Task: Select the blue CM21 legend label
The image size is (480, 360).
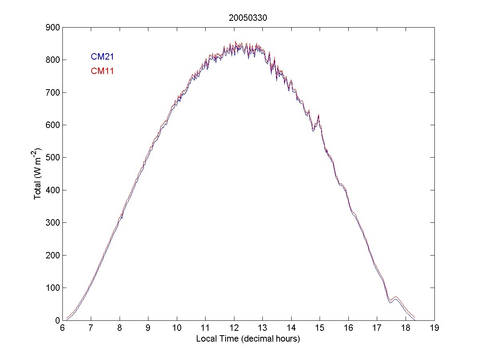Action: (x=102, y=57)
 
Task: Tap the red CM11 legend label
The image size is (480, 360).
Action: (x=102, y=72)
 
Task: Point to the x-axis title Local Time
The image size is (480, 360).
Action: (x=248, y=339)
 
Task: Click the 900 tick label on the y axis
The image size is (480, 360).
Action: (x=52, y=27)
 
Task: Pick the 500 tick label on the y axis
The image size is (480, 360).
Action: (x=52, y=158)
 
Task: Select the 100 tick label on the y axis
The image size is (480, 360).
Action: (x=52, y=288)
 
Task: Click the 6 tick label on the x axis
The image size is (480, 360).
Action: (x=62, y=328)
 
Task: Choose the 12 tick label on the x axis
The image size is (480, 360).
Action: (x=234, y=328)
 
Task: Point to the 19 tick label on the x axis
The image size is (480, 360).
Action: (x=434, y=328)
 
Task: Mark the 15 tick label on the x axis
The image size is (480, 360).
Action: (x=320, y=328)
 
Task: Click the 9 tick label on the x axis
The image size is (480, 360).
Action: (x=148, y=328)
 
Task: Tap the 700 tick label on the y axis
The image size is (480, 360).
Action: (x=52, y=92)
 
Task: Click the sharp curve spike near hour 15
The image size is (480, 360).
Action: (x=318, y=115)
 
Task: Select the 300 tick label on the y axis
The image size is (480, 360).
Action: (x=52, y=223)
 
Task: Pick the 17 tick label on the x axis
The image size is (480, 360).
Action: (x=377, y=328)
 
